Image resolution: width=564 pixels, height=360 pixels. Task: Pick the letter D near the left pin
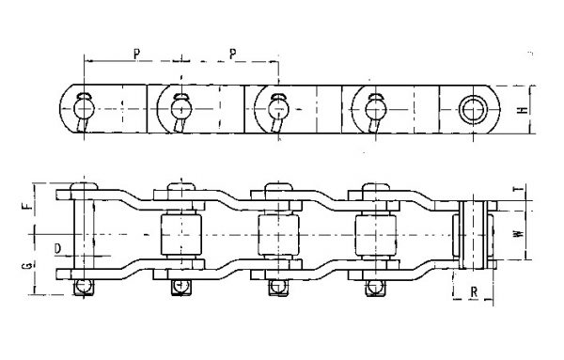point(57,248)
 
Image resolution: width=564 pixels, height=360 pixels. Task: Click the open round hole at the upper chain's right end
point(469,103)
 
